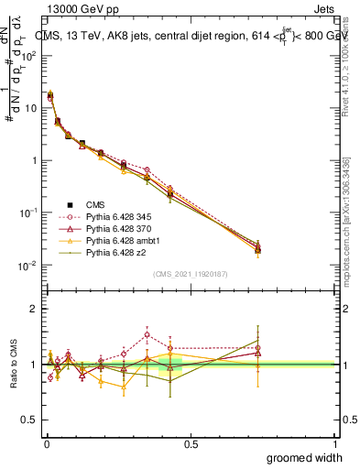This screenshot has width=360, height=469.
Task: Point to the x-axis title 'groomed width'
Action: [304, 457]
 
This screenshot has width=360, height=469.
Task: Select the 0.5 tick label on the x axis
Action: [191, 444]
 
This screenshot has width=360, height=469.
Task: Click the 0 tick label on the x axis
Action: [46, 444]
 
